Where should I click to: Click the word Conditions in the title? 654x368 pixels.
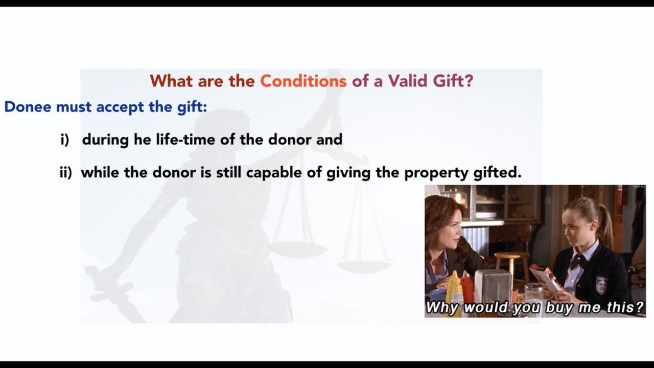click(303, 81)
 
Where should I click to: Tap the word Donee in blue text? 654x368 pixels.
click(28, 107)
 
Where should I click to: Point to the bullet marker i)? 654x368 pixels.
click(64, 140)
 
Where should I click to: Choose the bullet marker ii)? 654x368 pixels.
click(66, 173)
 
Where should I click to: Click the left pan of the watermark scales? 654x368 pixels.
click(297, 249)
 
